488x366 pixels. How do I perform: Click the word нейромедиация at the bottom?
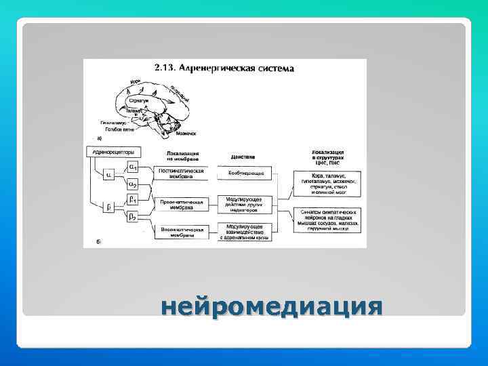point(271,308)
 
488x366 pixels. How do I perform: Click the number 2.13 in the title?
point(165,68)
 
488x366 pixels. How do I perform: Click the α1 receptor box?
point(134,167)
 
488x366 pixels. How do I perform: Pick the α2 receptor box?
point(134,184)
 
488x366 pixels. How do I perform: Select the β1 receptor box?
point(134,200)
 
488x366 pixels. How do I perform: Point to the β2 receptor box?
point(134,217)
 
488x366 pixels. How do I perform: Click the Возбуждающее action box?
point(245,174)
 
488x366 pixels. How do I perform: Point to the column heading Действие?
point(242,156)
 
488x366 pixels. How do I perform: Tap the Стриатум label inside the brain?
point(139,100)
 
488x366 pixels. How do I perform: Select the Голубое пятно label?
point(115,128)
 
